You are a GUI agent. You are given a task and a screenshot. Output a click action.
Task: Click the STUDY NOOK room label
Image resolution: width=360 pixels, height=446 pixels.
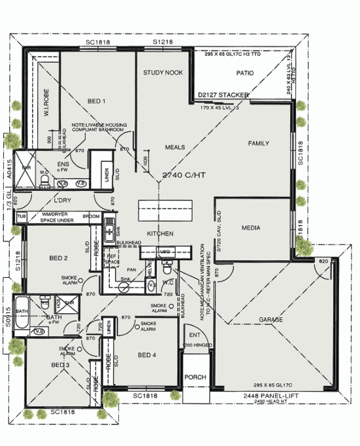click(163, 73)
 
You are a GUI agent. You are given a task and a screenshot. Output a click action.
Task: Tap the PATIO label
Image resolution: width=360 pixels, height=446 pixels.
click(245, 73)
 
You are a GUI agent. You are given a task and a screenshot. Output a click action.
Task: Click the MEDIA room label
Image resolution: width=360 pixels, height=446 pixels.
click(251, 228)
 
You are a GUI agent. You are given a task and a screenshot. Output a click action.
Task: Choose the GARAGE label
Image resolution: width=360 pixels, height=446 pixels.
click(270, 320)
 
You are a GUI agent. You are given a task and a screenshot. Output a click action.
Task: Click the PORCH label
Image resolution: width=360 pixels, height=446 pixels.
click(195, 377)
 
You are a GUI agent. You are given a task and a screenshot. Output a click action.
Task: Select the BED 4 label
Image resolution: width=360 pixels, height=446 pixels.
click(148, 355)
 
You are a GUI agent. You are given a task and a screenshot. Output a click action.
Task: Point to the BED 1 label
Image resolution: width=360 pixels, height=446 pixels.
click(96, 101)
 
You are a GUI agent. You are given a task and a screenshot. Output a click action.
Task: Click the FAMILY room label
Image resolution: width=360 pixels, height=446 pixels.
click(259, 143)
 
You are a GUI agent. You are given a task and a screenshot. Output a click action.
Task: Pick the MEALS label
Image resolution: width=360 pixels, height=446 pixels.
click(175, 147)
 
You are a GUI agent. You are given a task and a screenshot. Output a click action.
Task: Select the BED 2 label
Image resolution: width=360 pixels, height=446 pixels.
click(58, 258)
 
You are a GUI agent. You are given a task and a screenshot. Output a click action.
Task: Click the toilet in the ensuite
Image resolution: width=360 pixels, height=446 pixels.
click(44, 179)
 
